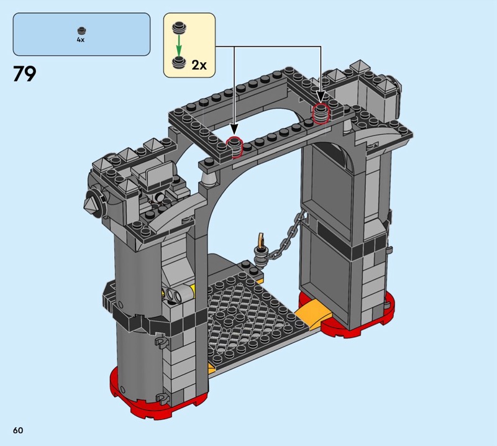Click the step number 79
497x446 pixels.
24,74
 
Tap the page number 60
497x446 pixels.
18,430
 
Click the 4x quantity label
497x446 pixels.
81,40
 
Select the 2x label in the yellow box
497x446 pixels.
199,65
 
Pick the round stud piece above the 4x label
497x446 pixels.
81,30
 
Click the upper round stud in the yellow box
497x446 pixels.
179,27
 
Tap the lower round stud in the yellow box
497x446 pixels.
179,62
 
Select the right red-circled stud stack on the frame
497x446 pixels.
321,113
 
